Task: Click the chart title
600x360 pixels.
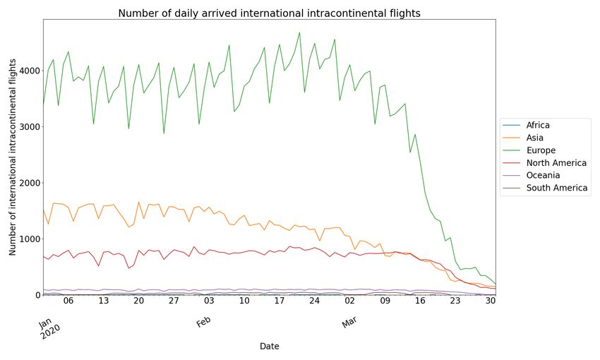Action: click(269, 13)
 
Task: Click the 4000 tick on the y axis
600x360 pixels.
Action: click(28, 71)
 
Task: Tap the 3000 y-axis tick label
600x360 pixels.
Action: click(28, 127)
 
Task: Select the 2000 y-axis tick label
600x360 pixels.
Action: click(28, 183)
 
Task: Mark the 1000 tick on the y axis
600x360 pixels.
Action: click(28, 239)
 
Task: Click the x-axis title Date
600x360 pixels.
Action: click(269, 347)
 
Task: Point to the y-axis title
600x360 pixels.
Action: click(13, 157)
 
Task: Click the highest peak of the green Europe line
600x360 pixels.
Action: click(299, 32)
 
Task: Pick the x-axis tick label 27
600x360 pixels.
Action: click(174, 301)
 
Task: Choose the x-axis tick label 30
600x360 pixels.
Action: click(491, 301)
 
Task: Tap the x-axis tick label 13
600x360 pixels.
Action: click(103, 301)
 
